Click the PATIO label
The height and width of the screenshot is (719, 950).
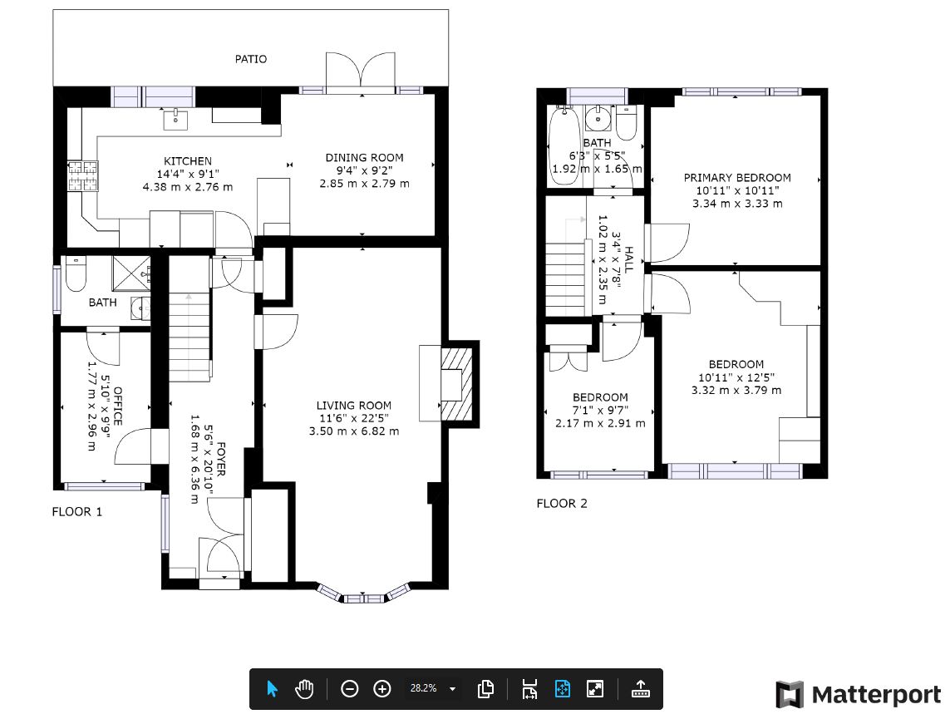(251, 59)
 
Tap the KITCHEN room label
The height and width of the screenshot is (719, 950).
(188, 161)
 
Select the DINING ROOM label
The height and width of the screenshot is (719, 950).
(364, 157)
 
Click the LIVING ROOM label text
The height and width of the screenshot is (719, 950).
(354, 406)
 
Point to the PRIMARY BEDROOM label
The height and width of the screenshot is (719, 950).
(737, 178)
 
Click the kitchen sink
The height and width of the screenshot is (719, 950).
(175, 120)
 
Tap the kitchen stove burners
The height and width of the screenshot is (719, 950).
(83, 175)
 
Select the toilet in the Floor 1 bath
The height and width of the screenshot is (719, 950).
(76, 273)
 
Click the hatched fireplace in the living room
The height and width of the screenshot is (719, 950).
(456, 383)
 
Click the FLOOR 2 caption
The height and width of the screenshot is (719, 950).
(562, 504)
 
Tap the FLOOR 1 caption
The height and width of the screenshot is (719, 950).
(77, 512)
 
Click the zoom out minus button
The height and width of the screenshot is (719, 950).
(350, 689)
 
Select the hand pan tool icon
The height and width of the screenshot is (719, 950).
(304, 689)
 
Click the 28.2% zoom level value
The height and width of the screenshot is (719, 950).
(424, 688)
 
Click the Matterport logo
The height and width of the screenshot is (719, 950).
(859, 694)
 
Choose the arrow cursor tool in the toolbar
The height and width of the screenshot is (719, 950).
(272, 689)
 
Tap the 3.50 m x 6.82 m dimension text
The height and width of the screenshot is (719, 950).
(354, 431)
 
